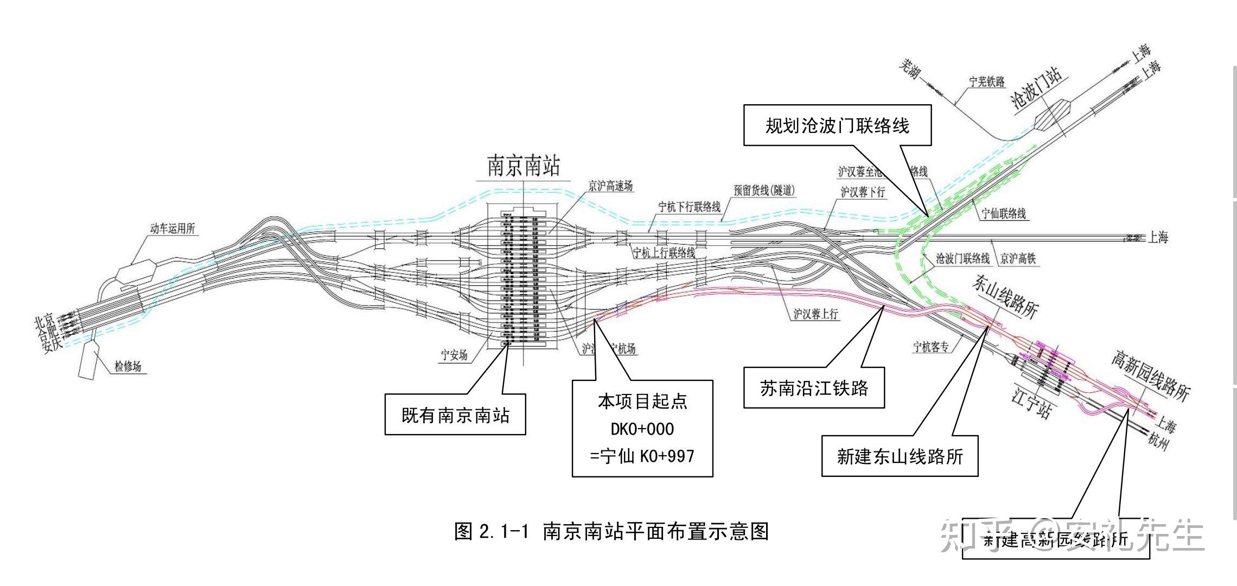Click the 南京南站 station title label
click(x=523, y=165)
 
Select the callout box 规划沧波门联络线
click(x=837, y=126)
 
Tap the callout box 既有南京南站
click(x=455, y=415)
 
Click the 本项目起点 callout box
click(x=642, y=429)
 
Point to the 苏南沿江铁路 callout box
click(x=813, y=388)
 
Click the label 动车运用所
click(x=173, y=228)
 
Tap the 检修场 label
click(x=128, y=366)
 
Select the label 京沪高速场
click(x=610, y=186)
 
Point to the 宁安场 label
click(x=454, y=355)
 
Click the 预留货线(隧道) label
click(x=764, y=190)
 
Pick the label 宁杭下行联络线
click(x=689, y=207)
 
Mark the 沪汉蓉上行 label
click(x=815, y=314)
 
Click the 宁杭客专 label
click(x=931, y=347)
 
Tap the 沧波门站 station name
click(x=1036, y=90)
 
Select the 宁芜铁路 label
click(x=987, y=82)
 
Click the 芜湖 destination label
click(x=910, y=69)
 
